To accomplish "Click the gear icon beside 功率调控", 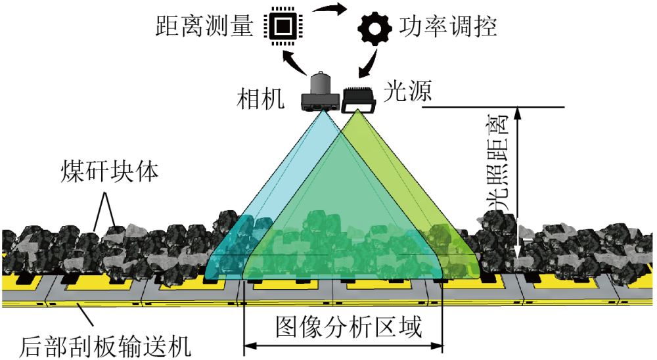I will coord(374,28).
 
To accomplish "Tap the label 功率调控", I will coord(447,27).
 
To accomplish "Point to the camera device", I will coord(321,93).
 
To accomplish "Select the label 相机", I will coord(261,99).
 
